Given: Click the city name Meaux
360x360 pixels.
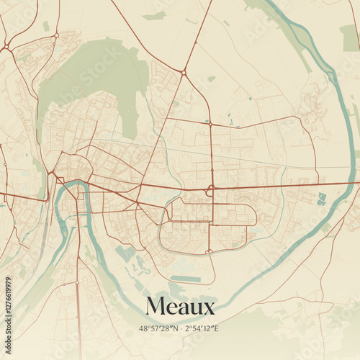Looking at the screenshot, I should tap(180, 307).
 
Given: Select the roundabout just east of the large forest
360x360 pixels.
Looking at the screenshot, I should tap(184, 73).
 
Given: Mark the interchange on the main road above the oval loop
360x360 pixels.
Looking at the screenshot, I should tap(211, 189).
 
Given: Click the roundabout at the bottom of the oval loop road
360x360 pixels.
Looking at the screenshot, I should tap(210, 251).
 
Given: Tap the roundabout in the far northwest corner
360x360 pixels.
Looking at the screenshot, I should tap(6, 48).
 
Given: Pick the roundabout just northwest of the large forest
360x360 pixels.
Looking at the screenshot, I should tap(56, 35).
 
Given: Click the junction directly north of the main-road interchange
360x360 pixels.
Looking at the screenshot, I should tap(210, 125).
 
